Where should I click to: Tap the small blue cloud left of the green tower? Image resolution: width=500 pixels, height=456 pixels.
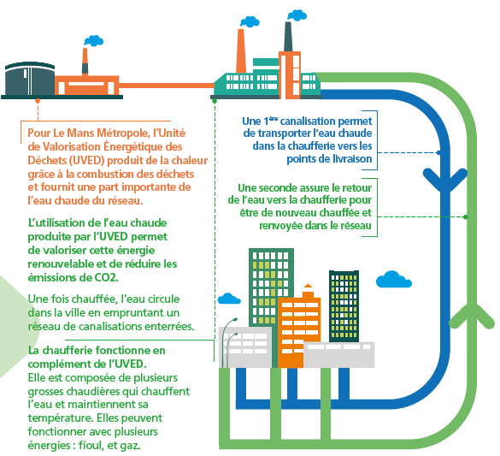(228, 299)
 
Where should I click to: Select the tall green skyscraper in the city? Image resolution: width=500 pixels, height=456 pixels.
(268, 291)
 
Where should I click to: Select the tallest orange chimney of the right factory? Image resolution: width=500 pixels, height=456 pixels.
(240, 51)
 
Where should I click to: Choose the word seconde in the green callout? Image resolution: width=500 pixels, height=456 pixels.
(274, 187)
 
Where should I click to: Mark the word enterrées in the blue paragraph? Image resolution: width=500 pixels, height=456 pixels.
(166, 326)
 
